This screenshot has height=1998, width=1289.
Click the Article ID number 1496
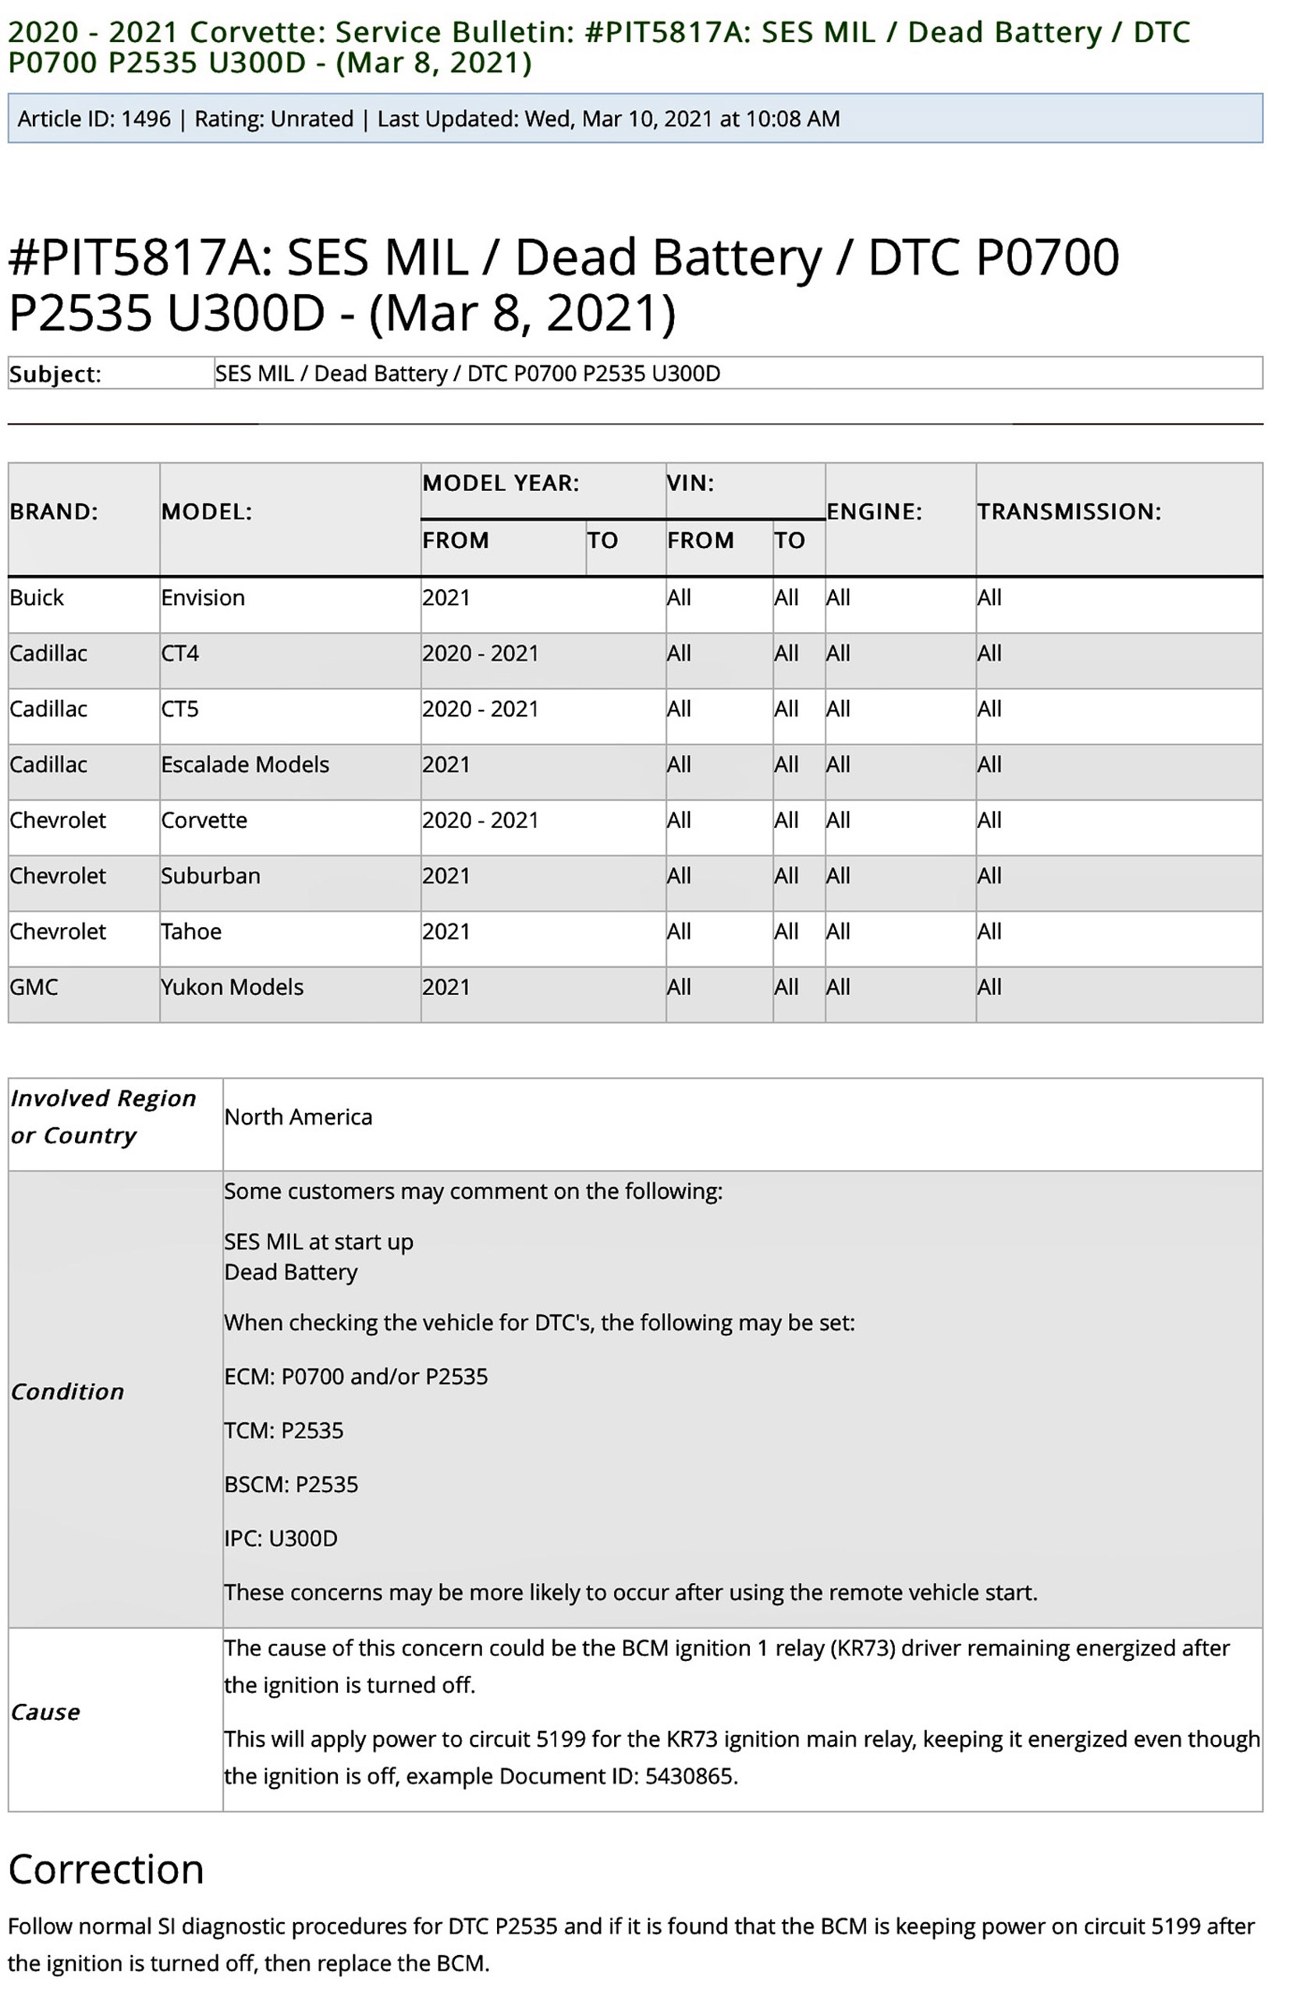(146, 119)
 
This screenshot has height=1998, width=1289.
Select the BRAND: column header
(54, 511)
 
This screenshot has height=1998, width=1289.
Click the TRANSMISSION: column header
(1069, 511)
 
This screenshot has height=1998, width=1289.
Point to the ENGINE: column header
(874, 511)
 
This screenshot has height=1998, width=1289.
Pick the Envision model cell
(203, 598)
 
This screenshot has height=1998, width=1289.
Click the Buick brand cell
(37, 598)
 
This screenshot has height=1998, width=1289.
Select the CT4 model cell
(180, 653)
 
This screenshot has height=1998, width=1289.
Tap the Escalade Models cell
(245, 764)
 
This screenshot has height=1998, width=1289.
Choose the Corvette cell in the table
(204, 820)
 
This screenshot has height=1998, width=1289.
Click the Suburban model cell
(210, 876)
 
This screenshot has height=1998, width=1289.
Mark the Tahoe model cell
(191, 932)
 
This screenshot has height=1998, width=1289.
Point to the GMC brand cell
(34, 987)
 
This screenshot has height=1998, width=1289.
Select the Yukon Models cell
(232, 987)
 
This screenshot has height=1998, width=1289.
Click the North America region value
(298, 1117)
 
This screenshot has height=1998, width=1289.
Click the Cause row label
(45, 1712)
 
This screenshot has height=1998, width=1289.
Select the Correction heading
(106, 1869)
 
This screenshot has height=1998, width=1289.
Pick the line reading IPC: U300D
(280, 1538)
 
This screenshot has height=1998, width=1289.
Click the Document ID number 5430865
(691, 1776)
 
